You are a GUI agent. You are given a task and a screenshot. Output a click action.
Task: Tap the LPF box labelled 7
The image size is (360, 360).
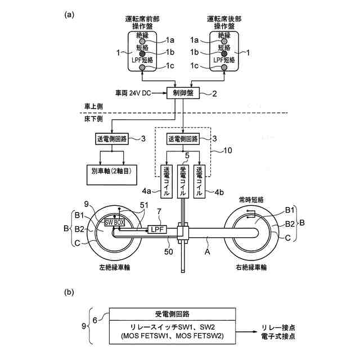(156, 229)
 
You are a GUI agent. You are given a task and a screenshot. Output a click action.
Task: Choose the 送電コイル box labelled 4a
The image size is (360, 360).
(166, 181)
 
